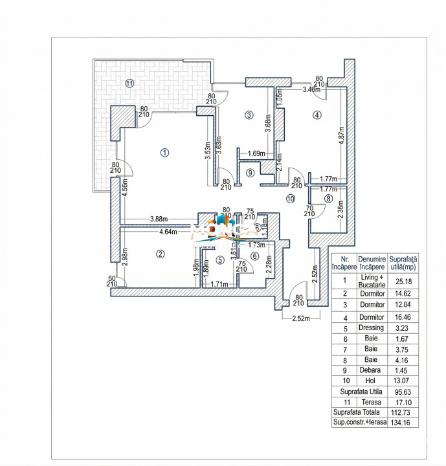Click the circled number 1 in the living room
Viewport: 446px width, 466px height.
point(165,153)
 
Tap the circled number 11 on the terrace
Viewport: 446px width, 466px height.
point(129,83)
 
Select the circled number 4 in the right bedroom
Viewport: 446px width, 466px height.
point(317,115)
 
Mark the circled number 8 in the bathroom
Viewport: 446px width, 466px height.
point(329,198)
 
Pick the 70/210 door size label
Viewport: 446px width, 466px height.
point(309,211)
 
